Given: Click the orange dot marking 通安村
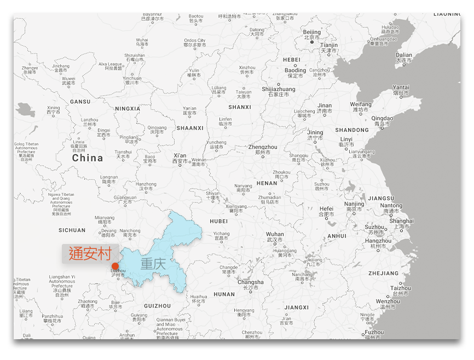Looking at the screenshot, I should coord(115,266).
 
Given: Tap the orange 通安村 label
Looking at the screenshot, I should coord(90,254).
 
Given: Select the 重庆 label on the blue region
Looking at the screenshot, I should coord(153,264).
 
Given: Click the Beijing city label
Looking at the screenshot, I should coord(312,32).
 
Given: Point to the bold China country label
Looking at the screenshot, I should coord(88,158).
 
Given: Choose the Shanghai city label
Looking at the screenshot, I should coord(401,221).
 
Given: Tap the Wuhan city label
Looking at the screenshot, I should coord(275,234).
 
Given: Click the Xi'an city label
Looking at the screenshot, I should coord(180,156).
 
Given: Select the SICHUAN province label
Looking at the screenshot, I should coord(72,230).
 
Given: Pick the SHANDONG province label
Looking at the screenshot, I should coord(352,130).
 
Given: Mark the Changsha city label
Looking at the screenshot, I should coord(250,282).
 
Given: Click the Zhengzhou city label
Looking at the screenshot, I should coord(263,147).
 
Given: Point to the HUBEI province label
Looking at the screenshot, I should coord(218,222).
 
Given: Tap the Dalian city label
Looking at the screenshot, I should coord(404,55).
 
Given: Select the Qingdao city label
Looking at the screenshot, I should coord(382,118).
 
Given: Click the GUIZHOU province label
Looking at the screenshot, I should coord(158,306).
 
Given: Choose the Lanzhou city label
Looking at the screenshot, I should coord(90,120).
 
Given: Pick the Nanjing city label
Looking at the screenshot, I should coord(355,204).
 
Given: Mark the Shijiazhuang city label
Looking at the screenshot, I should coord(278,89).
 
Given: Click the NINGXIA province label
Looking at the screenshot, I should coord(128,109).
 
